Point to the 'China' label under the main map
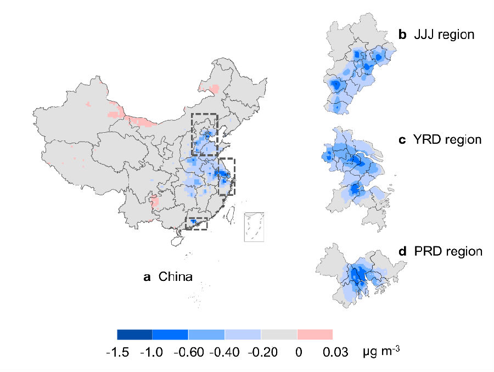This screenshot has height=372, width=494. (x=175, y=277)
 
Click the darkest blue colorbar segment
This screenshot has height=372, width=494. (x=134, y=334)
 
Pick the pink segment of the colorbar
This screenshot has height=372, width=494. (x=315, y=334)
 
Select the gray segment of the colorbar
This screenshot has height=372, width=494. (x=279, y=334)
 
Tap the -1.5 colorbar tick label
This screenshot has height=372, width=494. (x=117, y=352)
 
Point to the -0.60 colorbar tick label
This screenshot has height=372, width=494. (x=188, y=352)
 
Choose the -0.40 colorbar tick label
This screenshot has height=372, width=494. (x=224, y=352)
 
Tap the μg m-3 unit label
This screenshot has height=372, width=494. (x=380, y=351)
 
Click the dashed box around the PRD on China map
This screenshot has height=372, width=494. (x=197, y=223)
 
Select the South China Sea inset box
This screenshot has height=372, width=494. (x=254, y=227)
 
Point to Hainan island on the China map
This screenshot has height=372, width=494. (x=178, y=240)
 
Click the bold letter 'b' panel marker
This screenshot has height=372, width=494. (x=402, y=35)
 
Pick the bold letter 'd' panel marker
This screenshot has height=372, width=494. (x=402, y=252)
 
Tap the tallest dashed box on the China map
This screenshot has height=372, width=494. (x=205, y=134)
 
